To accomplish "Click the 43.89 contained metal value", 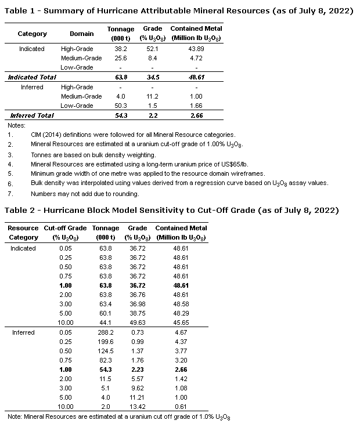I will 196,49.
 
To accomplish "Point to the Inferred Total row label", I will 31,115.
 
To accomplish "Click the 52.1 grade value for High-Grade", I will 153,49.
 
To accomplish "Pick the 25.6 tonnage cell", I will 120,58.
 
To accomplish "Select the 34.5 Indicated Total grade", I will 153,77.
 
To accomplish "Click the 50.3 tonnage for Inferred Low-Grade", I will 120,106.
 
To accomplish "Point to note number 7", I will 10,194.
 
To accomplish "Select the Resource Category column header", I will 23,233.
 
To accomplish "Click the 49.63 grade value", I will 137,322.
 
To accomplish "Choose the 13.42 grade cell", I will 137,407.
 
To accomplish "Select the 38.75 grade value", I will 137,313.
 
